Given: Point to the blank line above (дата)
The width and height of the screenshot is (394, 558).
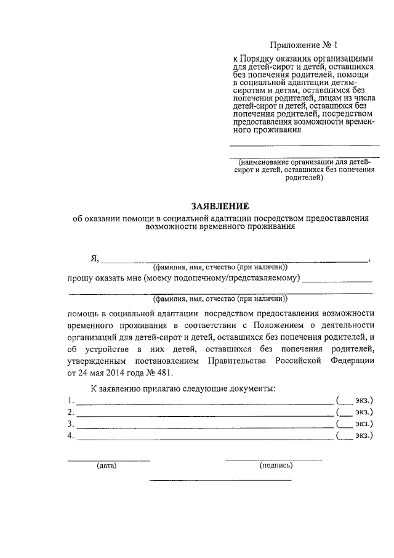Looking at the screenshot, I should tap(108, 460).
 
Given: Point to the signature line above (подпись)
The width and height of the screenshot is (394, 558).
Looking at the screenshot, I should tap(273, 460).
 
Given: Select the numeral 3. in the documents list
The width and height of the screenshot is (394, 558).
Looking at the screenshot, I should tap(71, 424).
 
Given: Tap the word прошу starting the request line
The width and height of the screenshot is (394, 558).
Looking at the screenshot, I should tap(81, 279).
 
